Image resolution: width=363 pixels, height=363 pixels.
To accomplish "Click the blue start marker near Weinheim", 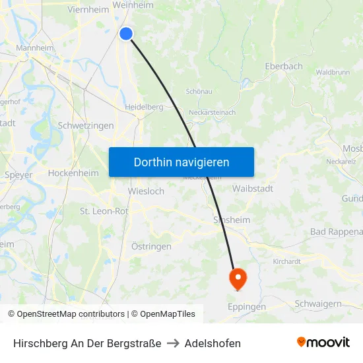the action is [126, 34].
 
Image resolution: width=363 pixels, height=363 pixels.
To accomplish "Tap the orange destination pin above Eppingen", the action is [237, 277].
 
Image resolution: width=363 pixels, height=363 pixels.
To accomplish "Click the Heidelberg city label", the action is [144, 106].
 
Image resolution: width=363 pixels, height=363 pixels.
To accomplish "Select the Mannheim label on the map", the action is [35, 48].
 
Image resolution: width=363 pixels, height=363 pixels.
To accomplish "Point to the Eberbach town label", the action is [283, 66].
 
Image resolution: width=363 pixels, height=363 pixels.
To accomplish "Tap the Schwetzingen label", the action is [86, 125].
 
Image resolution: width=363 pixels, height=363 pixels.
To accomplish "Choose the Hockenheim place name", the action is [73, 173].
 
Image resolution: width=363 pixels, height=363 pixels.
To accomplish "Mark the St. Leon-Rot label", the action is [104, 211].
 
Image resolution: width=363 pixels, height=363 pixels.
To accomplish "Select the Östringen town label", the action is [151, 246].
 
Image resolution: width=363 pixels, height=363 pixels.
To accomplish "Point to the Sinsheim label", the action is [230, 220].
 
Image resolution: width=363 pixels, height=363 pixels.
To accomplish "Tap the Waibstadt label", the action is [253, 189].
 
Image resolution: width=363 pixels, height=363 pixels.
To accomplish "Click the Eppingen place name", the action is [246, 307].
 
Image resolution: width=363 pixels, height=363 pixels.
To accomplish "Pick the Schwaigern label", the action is [318, 303].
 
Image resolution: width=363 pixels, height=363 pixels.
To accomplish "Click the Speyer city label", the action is [18, 176].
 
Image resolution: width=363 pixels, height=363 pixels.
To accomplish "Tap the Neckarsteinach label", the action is [212, 112].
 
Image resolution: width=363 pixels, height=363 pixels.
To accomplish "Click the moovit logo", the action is [323, 343].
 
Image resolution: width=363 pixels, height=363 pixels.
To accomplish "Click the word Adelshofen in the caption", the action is [213, 343].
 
